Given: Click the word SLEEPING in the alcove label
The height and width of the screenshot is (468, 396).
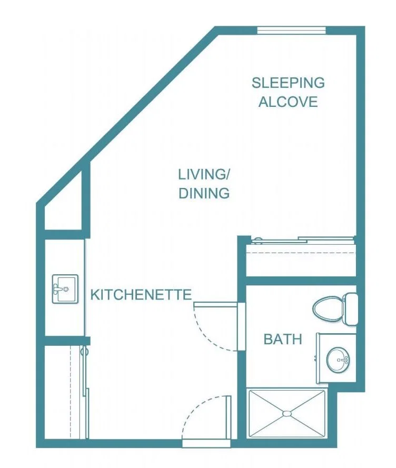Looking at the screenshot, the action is [x=288, y=83].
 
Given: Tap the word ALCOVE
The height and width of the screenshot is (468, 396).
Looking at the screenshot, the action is [x=288, y=102].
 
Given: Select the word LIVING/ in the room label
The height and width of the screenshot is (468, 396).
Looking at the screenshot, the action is [x=204, y=174].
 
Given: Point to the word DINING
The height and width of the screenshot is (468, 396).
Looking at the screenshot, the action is [x=204, y=193].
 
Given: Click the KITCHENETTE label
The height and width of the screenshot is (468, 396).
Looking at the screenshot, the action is [x=141, y=295].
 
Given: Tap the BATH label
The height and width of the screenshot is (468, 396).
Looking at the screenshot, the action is [x=283, y=340].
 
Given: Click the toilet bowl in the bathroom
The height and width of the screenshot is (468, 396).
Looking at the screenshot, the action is [x=328, y=308].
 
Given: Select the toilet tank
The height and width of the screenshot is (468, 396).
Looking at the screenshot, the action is [x=351, y=309].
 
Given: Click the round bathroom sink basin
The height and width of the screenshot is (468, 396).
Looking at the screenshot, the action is [x=338, y=360].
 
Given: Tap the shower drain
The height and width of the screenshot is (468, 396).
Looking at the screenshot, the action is [x=286, y=414].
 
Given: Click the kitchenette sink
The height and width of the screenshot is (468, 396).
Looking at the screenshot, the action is [x=65, y=289].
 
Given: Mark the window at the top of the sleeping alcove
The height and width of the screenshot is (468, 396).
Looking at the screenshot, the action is [x=292, y=30].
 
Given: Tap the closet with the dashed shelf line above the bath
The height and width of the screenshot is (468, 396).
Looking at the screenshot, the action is [x=301, y=260].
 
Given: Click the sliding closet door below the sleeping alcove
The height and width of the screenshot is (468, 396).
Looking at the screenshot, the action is [x=303, y=240].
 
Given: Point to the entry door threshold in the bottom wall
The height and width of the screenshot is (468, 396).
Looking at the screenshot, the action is [x=206, y=444].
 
